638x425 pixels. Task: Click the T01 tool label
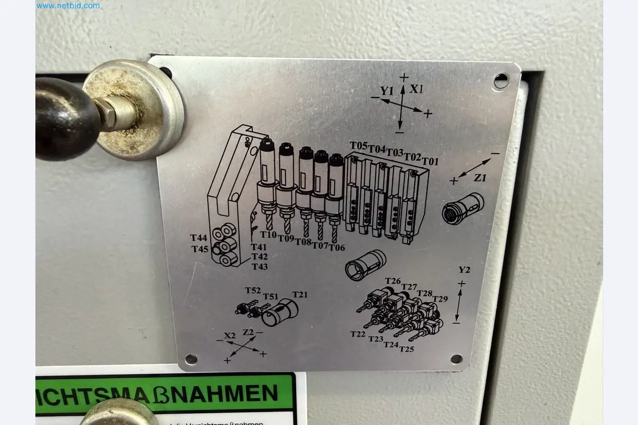pyautogui.click(x=431, y=161)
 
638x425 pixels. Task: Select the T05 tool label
pyautogui.click(x=358, y=145)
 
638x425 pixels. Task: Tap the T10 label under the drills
pyautogui.click(x=268, y=234)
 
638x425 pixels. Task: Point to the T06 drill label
pyautogui.click(x=337, y=247)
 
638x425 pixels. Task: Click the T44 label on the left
pyautogui.click(x=199, y=238)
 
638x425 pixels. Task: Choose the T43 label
pyautogui.click(x=259, y=267)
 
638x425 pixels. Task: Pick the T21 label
pyautogui.click(x=300, y=295)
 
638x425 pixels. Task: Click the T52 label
pyautogui.click(x=253, y=291)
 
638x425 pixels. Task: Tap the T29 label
pyautogui.click(x=440, y=299)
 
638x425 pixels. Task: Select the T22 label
pyautogui.click(x=358, y=334)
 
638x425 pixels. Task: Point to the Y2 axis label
pyautogui.click(x=464, y=270)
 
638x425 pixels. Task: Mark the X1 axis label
pyautogui.click(x=417, y=90)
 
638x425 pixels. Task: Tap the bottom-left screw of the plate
pyautogui.click(x=191, y=359)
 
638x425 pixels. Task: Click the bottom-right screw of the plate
pyautogui.click(x=456, y=359)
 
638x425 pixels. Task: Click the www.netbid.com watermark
pyautogui.click(x=68, y=6)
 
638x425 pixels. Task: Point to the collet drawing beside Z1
pyautogui.click(x=463, y=208)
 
